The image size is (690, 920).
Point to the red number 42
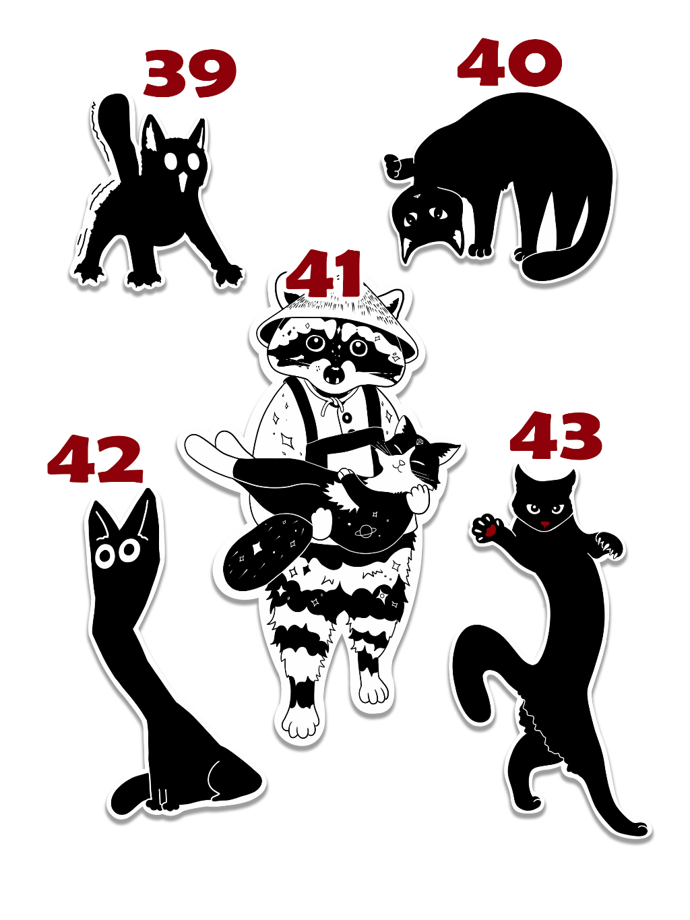tap(95, 459)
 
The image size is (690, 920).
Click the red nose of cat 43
tap(544, 524)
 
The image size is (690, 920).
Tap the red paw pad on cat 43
tap(490, 530)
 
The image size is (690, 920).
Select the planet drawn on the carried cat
tap(365, 532)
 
